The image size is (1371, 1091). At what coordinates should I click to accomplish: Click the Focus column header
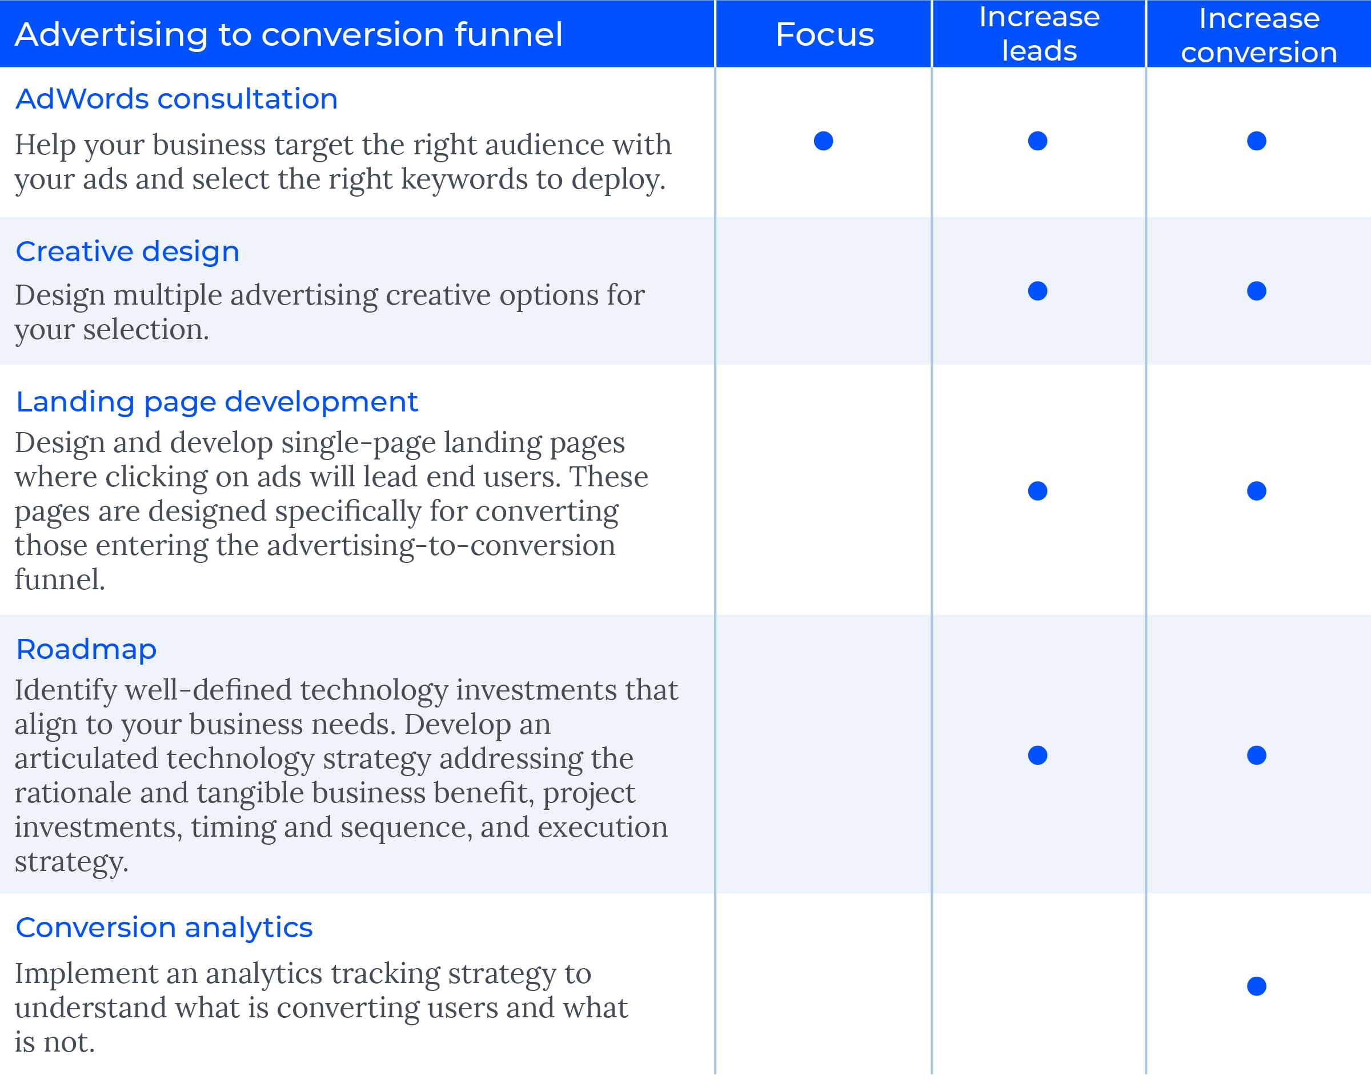[824, 34]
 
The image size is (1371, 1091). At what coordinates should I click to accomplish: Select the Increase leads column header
[1039, 34]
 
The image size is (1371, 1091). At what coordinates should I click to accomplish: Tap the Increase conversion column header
[1258, 35]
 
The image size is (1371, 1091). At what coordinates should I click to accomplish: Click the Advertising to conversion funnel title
[288, 34]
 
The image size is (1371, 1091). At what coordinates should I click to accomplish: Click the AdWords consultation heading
[177, 99]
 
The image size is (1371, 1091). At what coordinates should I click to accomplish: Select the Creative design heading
[128, 252]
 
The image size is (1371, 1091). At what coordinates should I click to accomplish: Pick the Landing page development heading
[217, 402]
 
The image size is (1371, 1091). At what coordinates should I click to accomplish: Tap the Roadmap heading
[86, 649]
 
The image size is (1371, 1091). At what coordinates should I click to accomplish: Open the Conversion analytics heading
[164, 928]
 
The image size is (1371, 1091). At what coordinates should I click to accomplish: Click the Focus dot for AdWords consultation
[824, 141]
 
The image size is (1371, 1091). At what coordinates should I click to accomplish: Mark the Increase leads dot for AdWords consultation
[1038, 141]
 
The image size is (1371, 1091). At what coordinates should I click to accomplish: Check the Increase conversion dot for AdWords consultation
[1257, 141]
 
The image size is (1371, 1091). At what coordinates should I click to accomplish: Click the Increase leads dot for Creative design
[1038, 291]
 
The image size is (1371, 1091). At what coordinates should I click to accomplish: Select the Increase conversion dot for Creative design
[1257, 291]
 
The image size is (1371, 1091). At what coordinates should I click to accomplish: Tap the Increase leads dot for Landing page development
[1038, 490]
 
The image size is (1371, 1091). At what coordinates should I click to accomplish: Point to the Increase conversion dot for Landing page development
[1257, 490]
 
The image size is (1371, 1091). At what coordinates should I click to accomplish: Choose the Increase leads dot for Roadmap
[1038, 755]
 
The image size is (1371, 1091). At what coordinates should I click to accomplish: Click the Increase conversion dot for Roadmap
[1257, 755]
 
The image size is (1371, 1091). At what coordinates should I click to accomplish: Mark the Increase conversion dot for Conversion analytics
[1257, 986]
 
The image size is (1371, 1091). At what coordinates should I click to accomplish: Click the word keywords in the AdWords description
[464, 180]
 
